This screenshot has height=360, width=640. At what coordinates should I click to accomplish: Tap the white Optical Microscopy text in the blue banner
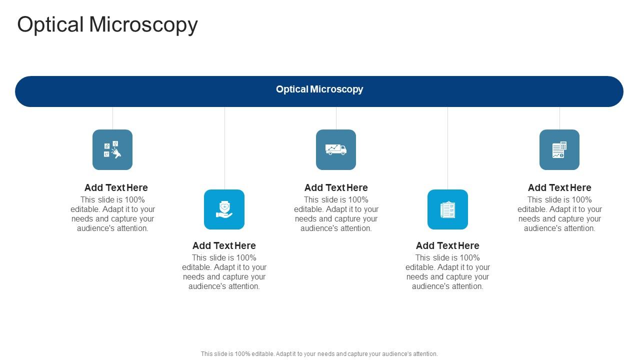coord(319,89)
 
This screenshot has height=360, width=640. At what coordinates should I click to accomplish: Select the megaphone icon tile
coord(112,149)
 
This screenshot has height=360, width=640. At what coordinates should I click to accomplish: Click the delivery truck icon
coord(336,149)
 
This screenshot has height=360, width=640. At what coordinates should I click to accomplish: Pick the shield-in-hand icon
coord(224,209)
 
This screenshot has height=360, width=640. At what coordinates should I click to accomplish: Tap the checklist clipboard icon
coord(447,209)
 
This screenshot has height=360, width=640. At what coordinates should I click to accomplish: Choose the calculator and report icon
coord(559,149)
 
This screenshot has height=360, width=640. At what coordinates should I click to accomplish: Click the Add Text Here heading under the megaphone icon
coord(116,188)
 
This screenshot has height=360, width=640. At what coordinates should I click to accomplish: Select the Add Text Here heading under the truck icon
coord(336,188)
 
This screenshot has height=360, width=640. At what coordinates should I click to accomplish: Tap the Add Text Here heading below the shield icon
coord(224,246)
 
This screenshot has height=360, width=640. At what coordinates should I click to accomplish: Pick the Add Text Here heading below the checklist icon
coord(447,246)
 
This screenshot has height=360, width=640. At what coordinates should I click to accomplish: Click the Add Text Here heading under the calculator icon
coord(559,188)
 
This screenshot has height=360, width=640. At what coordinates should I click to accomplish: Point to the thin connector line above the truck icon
coord(336,118)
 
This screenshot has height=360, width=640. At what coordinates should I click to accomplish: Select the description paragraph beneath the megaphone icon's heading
coord(112,214)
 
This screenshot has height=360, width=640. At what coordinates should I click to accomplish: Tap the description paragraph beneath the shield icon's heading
coord(224,272)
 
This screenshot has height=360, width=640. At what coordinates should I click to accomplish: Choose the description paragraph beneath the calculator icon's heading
coord(559,214)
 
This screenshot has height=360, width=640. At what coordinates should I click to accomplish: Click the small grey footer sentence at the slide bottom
coord(319,354)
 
